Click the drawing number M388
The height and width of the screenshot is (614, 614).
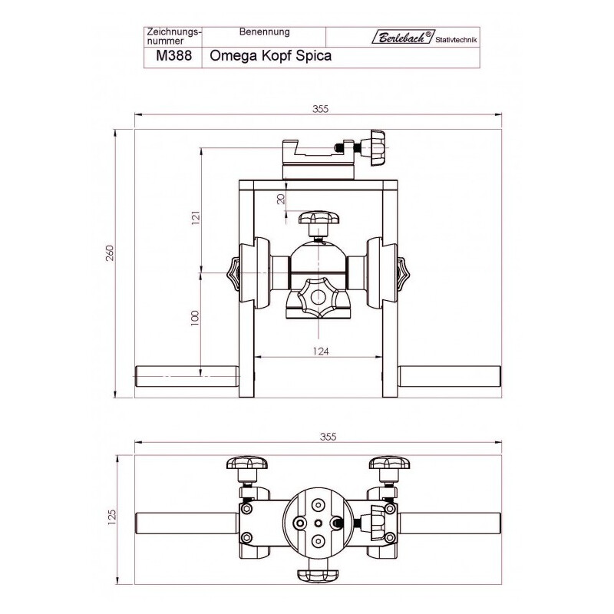pyautogui.click(x=174, y=55)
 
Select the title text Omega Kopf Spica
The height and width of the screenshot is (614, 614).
pyautogui.click(x=271, y=55)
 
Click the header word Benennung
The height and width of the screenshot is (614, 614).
pyautogui.click(x=264, y=31)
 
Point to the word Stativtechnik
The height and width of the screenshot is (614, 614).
pyautogui.click(x=456, y=40)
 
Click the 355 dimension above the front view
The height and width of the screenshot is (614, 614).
pyautogui.click(x=320, y=109)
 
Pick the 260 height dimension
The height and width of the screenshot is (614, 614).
pyautogui.click(x=109, y=253)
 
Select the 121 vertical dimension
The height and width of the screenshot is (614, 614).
pyautogui.click(x=196, y=217)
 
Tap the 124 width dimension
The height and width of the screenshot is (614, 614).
pyautogui.click(x=321, y=352)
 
